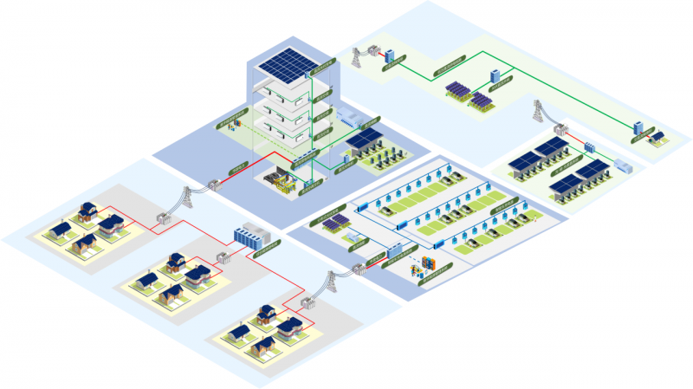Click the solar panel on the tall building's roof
pyautogui.click(x=288, y=62)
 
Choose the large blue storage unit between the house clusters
pyautogui.click(x=252, y=237)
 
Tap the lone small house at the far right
pyautogui.click(x=658, y=136)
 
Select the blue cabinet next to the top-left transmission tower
pyautogui.click(x=390, y=55)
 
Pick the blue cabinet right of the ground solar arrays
pyautogui.click(x=495, y=76)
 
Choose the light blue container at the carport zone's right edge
pyautogui.click(x=624, y=166)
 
